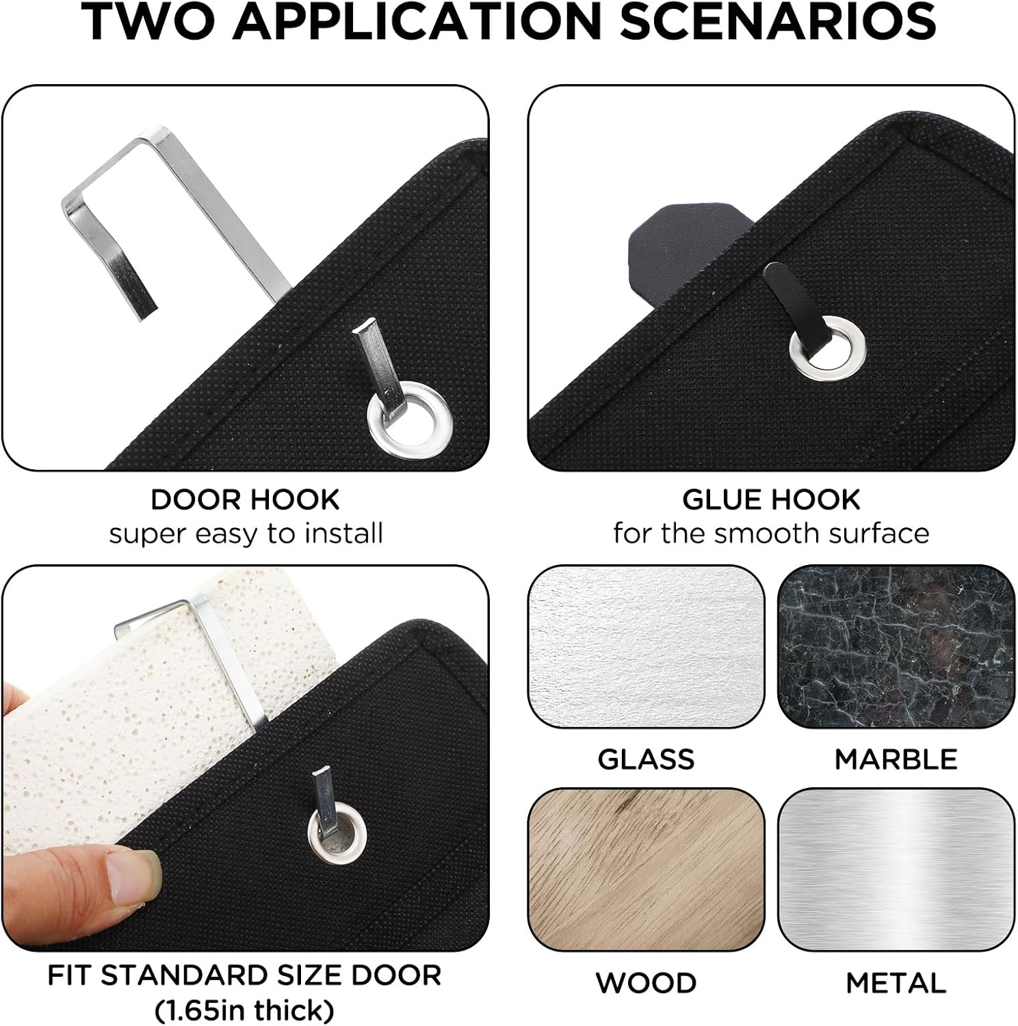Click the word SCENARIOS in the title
click(x=777, y=22)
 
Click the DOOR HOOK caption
click(x=245, y=499)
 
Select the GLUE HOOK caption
click(x=771, y=499)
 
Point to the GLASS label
click(x=646, y=759)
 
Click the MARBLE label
click(x=896, y=759)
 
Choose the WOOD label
click(x=646, y=983)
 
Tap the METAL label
click(x=896, y=983)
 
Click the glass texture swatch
click(x=646, y=646)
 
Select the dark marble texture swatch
click(x=896, y=646)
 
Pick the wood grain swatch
click(x=646, y=869)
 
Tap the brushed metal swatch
click(x=896, y=869)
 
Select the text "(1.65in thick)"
click(x=244, y=1010)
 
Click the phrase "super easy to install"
click(x=246, y=534)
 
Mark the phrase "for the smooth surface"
click(x=771, y=534)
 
